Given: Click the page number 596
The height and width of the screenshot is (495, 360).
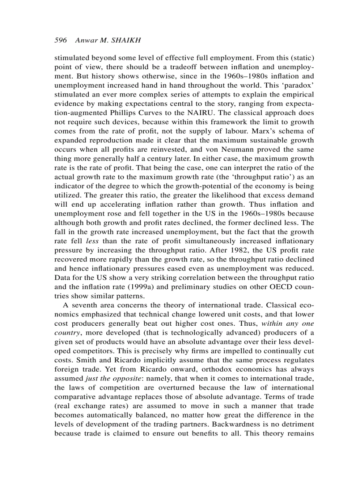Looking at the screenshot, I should click(60, 40).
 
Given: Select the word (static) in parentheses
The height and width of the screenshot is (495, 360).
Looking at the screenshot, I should click(299, 58).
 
